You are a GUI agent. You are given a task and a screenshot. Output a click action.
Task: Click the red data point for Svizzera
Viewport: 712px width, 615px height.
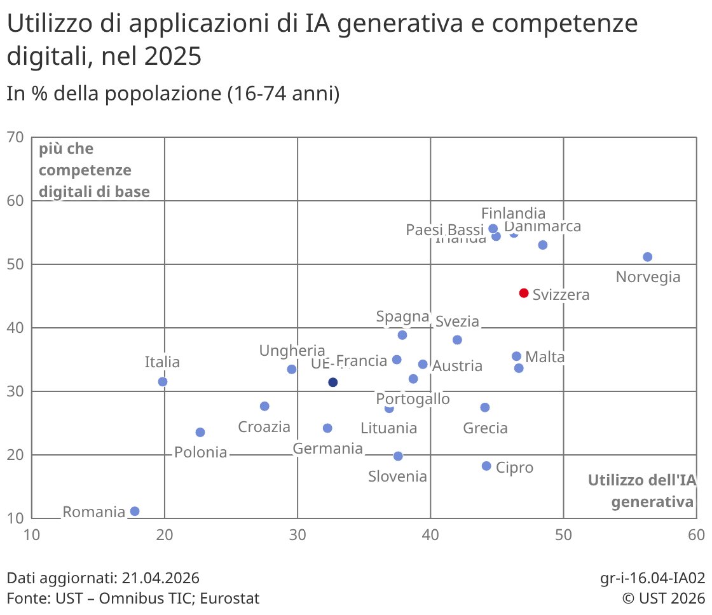coord(524,293)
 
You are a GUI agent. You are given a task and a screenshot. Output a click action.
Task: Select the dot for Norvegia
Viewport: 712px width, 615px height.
coord(648,257)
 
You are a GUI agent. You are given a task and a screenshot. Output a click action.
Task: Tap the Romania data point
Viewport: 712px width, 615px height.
coord(135,511)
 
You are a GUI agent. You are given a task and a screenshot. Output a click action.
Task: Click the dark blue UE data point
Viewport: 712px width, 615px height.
coord(332,382)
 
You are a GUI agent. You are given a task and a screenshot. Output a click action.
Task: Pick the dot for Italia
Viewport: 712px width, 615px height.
coord(163,382)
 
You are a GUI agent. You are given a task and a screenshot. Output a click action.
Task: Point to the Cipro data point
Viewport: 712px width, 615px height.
coord(487,466)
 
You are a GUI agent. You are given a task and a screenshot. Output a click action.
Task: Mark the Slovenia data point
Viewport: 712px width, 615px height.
coord(398,456)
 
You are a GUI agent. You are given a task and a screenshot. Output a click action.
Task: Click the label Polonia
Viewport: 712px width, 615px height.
coord(200,452)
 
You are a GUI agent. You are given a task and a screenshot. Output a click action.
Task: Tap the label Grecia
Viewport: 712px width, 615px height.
coord(485,428)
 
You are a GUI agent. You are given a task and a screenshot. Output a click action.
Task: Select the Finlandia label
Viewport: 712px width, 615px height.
coord(513,213)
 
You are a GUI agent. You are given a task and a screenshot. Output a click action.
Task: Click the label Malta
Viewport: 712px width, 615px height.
coord(545,358)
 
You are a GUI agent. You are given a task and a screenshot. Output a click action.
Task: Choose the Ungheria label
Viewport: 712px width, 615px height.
coord(292,351)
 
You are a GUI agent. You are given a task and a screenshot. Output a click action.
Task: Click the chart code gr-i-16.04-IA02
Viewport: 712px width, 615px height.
coord(652,578)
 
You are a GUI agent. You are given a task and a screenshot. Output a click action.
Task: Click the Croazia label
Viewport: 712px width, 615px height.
coord(264,427)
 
